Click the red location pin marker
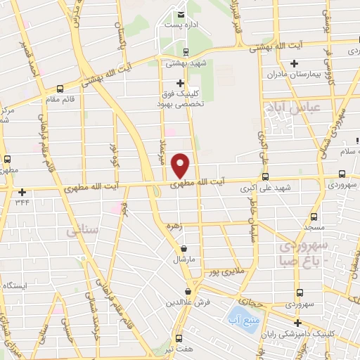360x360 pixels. coord(181,165)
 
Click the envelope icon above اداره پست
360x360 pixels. coord(181,14)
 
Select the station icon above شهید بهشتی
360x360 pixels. coord(186,52)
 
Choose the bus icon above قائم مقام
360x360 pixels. coord(59,89)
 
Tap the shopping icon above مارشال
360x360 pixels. coord(184,248)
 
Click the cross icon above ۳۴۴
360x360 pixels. coord(23,192)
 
